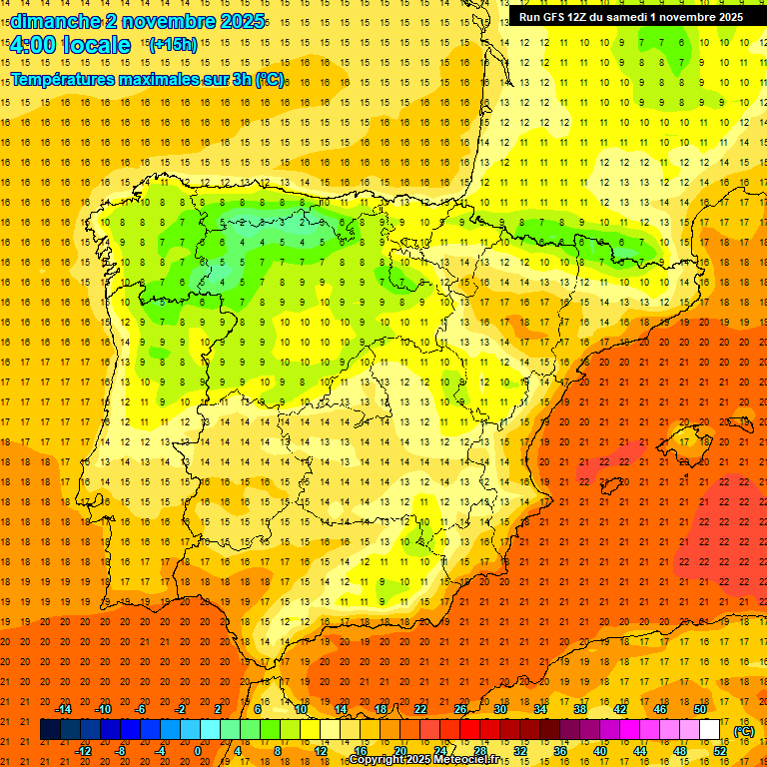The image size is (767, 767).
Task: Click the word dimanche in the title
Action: [x=51, y=21]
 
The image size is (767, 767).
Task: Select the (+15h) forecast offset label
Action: [x=173, y=45]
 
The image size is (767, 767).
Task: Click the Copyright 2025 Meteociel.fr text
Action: [x=423, y=759]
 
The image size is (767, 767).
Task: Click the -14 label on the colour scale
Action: [x=63, y=709]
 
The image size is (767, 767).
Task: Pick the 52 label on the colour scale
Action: [x=720, y=751]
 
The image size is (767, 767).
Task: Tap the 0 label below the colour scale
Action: [x=198, y=751]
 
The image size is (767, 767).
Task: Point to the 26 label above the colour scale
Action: [x=460, y=709]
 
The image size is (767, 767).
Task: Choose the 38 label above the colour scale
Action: [x=580, y=709]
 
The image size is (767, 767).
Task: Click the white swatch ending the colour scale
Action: [x=710, y=730]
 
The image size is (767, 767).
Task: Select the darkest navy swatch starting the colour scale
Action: [x=50, y=730]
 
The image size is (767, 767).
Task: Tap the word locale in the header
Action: [x=96, y=45]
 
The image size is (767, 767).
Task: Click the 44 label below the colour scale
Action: [x=640, y=751]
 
